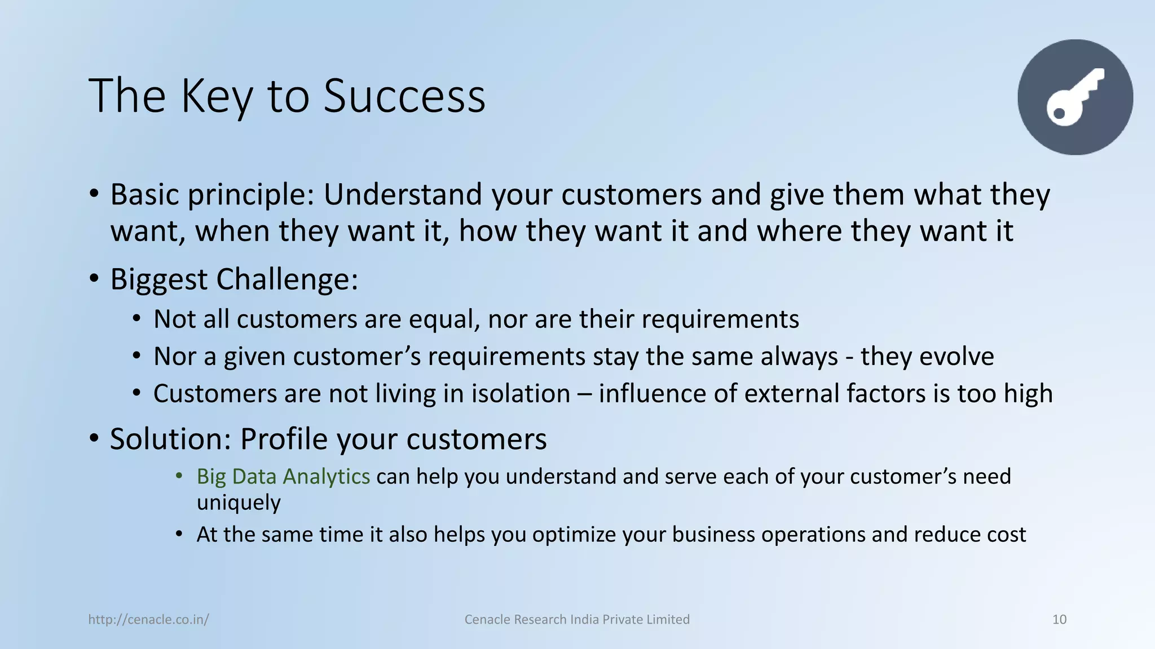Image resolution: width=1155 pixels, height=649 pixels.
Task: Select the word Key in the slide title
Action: (x=217, y=96)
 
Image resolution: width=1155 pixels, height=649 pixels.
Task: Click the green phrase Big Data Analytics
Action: (x=283, y=477)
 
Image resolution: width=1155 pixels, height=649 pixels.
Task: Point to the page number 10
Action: (x=1059, y=620)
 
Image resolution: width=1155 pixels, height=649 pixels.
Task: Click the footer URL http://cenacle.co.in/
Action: (x=148, y=620)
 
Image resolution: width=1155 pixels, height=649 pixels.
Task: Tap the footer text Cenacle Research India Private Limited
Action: (x=577, y=620)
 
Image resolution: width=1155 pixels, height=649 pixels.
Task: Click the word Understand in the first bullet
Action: (x=403, y=194)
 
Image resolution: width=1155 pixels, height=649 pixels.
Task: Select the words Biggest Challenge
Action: (x=233, y=279)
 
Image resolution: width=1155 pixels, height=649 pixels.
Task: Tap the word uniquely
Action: (x=239, y=503)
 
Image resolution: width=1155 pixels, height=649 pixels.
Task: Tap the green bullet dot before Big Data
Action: (x=179, y=477)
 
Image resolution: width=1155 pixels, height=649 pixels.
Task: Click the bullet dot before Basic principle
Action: (x=94, y=194)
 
